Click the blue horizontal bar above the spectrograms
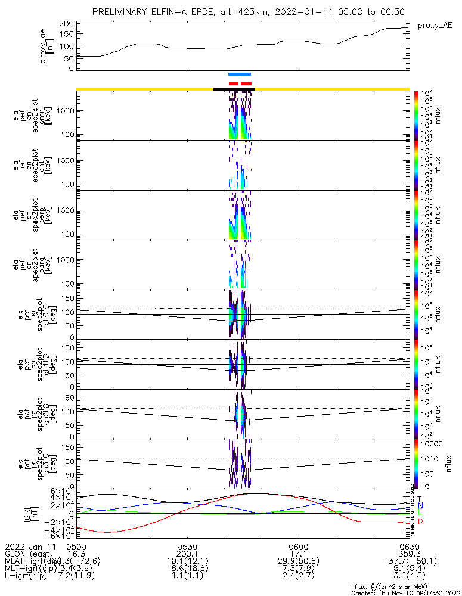(240, 74)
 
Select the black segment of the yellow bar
(234, 89)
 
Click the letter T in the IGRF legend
(420, 499)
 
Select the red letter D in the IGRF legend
(420, 522)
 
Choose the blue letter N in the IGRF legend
(420, 506)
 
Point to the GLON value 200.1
(187, 554)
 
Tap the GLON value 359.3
(410, 554)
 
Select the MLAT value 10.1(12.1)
(187, 561)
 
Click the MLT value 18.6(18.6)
(187, 568)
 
